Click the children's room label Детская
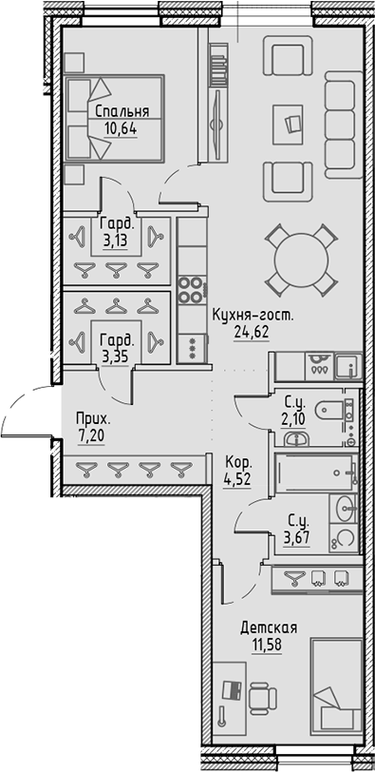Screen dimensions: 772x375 (x=269, y=627)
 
